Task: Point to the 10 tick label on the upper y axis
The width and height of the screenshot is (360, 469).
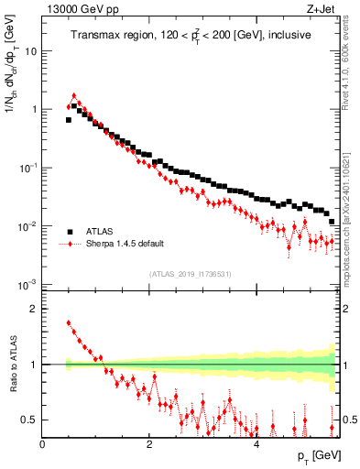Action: point(32,51)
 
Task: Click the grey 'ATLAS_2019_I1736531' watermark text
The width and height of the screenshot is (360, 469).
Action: point(190,273)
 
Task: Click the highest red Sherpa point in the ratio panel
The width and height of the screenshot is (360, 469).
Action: point(69,323)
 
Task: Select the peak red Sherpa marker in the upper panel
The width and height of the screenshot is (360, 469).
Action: point(74,95)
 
